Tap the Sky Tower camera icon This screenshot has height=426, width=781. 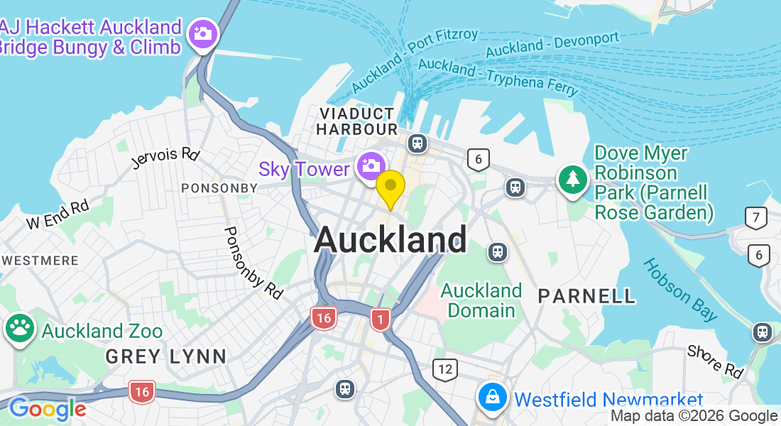(371, 165)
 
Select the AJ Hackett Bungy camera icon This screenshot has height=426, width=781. (203, 33)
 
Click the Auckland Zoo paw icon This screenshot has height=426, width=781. (20, 328)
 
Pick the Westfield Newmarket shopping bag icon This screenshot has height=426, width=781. (492, 398)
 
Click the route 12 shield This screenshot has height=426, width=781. (445, 369)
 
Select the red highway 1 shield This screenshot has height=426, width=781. (381, 320)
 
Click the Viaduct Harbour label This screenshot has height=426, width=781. (356, 121)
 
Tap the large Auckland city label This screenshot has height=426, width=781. (390, 239)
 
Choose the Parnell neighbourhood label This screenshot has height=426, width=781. (586, 296)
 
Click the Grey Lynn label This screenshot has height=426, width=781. (165, 356)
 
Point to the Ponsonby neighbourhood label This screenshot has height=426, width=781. (219, 188)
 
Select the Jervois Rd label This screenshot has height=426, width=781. (165, 158)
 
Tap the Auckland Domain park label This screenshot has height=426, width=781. (481, 300)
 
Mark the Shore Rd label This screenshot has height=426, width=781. (715, 361)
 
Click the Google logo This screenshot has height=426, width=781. (47, 409)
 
